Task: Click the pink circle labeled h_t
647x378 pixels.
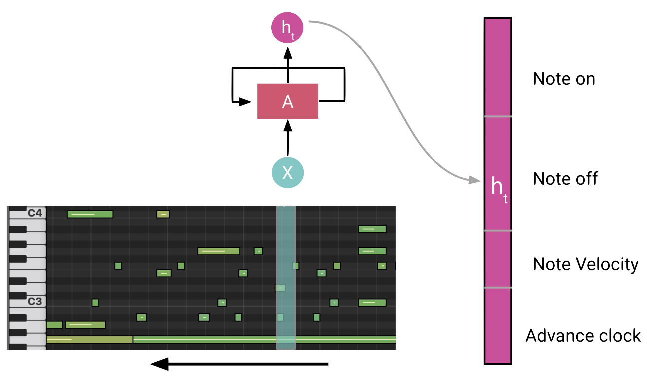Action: tap(287, 27)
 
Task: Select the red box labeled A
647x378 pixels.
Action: tap(287, 101)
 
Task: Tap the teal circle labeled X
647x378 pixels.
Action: tap(287, 172)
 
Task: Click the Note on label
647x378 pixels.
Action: tap(564, 79)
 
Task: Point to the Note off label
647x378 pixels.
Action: tap(565, 178)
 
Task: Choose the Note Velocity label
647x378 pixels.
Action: tap(585, 264)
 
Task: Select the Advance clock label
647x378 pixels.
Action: tap(583, 336)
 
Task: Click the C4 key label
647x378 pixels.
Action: tap(35, 214)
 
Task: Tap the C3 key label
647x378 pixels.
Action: tap(35, 302)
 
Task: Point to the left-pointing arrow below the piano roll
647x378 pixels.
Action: tap(240, 364)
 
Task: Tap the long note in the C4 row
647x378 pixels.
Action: tap(90, 214)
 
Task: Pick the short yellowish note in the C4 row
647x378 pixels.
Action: tap(163, 214)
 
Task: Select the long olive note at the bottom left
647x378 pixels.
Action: tap(89, 340)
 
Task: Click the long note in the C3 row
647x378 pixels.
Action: tap(372, 303)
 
